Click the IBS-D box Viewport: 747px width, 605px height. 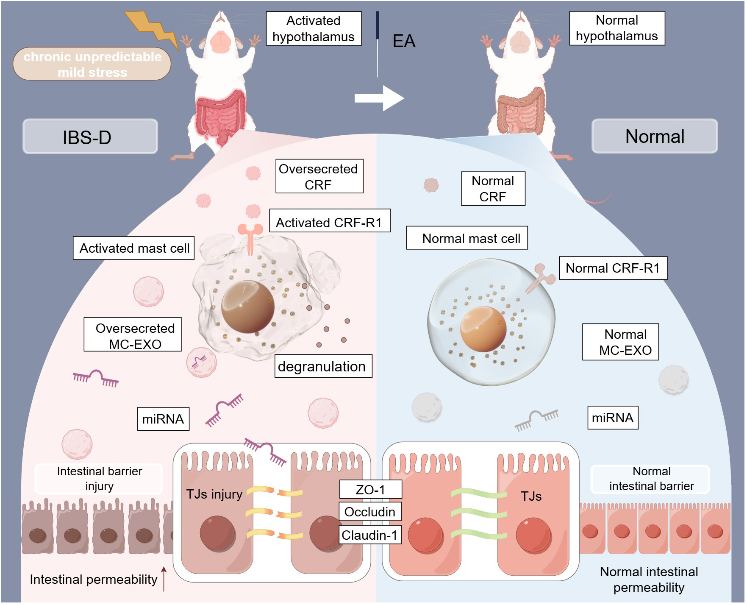point(90,137)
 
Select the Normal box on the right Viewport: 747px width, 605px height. point(654,137)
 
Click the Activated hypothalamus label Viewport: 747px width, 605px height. point(314,28)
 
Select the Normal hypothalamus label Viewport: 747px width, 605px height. point(616,28)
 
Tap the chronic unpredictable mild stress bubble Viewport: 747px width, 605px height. point(92,64)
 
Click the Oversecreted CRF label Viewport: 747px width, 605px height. point(319,176)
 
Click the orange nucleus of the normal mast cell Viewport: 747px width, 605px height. point(483,329)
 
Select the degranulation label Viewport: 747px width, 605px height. point(323,366)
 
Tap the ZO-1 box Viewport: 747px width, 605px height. point(370,490)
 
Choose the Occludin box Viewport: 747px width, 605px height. point(370,512)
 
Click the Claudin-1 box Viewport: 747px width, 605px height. point(370,535)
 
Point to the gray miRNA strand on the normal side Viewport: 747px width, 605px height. point(536,419)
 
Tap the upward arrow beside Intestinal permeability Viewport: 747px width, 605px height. point(164,578)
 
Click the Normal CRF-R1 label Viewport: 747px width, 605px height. point(613,268)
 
